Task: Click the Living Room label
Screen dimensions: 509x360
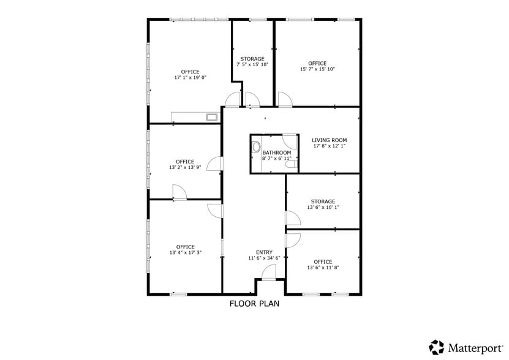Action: coord(329,140)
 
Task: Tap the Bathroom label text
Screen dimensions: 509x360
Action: coord(277,152)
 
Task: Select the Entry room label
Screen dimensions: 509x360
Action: coord(264,252)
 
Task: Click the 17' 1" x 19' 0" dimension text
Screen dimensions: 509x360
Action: coord(190,78)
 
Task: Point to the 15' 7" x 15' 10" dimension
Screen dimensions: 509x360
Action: coord(317,69)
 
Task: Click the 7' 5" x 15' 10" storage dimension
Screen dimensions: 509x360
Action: coord(252,65)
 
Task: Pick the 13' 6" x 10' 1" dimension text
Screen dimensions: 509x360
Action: coord(323,207)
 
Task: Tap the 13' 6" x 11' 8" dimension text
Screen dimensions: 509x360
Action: coord(323,268)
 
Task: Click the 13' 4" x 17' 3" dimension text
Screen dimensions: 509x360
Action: coord(186,253)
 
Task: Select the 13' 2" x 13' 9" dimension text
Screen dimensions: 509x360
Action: coord(185,168)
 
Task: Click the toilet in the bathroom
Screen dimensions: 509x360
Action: coord(292,165)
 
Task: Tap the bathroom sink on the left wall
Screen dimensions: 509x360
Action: coord(256,147)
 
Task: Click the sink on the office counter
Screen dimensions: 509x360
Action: coord(213,117)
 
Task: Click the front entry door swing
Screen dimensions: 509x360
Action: coord(269,272)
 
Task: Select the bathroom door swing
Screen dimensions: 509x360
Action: coord(289,142)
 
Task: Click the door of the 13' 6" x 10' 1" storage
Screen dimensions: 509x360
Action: coord(293,218)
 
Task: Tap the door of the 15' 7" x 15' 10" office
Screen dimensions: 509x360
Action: coord(285,99)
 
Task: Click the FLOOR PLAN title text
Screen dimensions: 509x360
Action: coord(255,304)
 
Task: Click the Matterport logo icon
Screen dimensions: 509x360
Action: coord(436,347)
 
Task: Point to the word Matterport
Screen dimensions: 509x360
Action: coord(475,348)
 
